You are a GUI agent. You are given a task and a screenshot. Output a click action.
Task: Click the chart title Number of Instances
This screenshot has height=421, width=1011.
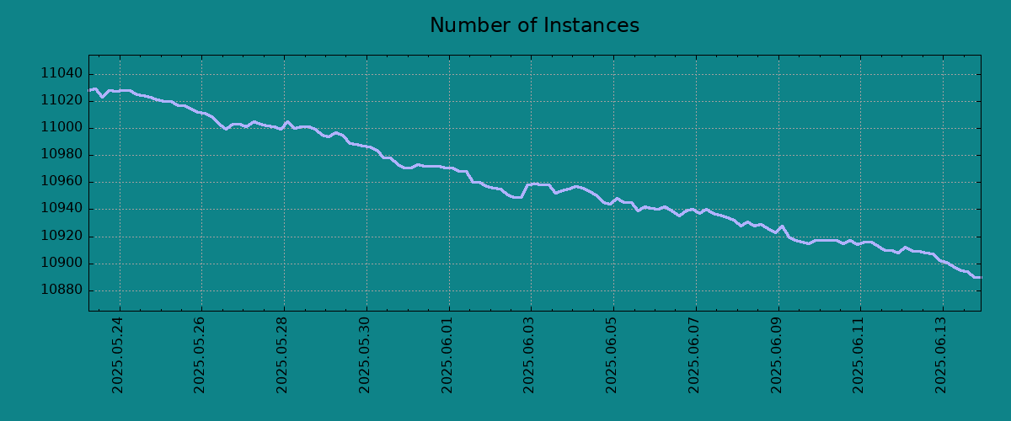click(534, 25)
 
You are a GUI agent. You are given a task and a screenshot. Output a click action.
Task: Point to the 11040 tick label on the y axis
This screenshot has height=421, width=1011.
click(62, 73)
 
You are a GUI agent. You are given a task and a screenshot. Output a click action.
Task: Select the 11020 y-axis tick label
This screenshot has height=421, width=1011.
click(62, 100)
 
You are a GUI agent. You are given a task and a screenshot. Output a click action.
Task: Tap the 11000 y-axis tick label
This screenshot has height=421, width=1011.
click(62, 127)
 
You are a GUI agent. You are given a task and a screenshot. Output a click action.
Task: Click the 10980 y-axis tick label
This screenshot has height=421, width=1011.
click(62, 154)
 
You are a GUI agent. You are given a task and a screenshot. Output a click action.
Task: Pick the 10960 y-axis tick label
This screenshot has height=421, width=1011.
click(62, 181)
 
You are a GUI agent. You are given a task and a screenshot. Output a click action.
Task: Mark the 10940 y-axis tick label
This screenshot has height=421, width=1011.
click(62, 209)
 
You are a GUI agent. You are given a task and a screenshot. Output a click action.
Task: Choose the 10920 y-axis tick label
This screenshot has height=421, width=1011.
click(62, 236)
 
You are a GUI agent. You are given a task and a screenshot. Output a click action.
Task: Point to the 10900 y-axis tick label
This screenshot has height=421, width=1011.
click(62, 263)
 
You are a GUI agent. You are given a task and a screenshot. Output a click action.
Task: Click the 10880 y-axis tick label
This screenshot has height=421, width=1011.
click(62, 290)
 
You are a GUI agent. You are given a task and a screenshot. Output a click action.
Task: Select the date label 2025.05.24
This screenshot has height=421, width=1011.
click(117, 355)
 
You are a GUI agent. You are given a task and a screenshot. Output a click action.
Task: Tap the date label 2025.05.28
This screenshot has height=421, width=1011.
click(281, 355)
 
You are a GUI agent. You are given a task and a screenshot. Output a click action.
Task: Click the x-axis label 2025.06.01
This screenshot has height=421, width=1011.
click(447, 355)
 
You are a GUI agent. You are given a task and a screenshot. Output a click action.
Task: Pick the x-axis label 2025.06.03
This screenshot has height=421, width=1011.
click(528, 355)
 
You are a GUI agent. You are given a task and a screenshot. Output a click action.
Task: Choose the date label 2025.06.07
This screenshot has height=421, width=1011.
click(693, 355)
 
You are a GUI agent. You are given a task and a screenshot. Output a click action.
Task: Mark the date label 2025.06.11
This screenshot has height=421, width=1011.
click(858, 355)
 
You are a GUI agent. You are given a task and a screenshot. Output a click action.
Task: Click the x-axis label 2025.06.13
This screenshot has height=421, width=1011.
click(940, 355)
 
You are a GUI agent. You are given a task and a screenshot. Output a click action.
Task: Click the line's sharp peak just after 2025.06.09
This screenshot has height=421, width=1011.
click(782, 226)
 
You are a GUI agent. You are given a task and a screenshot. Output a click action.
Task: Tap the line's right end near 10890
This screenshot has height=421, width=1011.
click(981, 278)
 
